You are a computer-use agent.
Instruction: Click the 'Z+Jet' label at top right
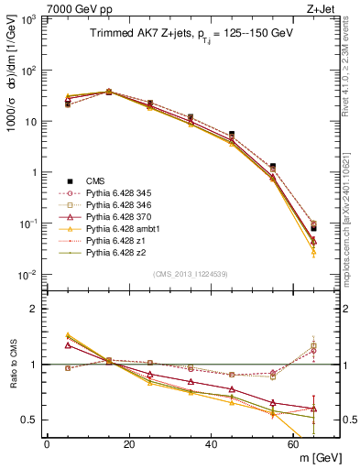322,8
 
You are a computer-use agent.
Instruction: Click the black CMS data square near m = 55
273,167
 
